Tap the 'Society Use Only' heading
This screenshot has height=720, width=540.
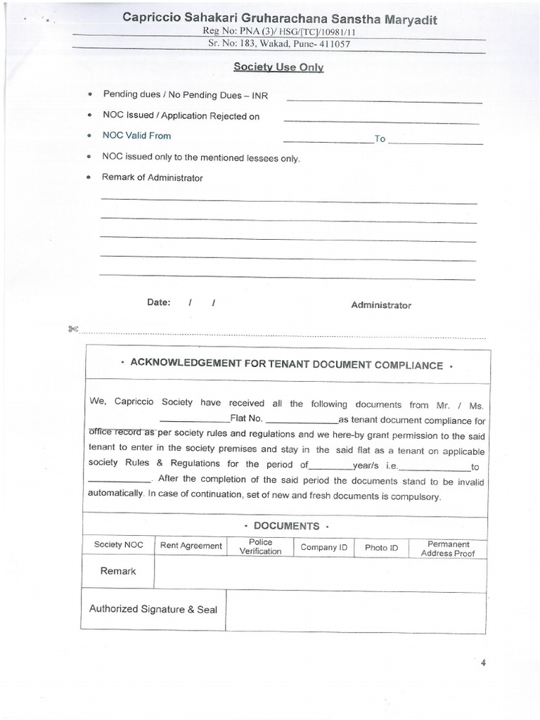(x=278, y=67)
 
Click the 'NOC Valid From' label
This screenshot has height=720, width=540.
(x=136, y=136)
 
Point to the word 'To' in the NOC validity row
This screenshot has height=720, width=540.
(x=380, y=139)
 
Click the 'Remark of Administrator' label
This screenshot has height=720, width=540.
(x=152, y=178)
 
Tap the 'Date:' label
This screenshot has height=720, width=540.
(x=158, y=302)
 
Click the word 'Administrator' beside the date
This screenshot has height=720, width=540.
(x=381, y=305)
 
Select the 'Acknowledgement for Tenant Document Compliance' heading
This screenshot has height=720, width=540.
(x=285, y=366)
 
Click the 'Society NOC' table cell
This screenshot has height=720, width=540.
(x=118, y=545)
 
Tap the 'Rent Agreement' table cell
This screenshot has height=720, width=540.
(x=191, y=546)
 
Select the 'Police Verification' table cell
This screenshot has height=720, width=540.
(x=260, y=547)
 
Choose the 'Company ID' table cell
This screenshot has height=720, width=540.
(x=323, y=547)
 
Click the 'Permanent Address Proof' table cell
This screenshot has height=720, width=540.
(x=448, y=548)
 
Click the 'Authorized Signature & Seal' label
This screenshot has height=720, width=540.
(x=153, y=610)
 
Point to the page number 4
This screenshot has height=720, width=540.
(x=483, y=662)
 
